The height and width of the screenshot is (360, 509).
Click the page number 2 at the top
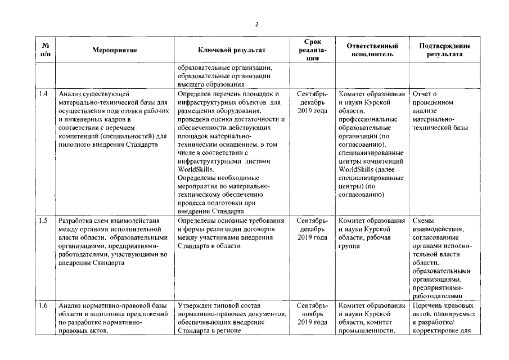pos(256,24)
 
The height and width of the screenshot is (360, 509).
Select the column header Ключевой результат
pos(232,50)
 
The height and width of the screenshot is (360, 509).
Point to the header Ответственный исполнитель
pos(372,50)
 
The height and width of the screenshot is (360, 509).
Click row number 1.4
pos(44,93)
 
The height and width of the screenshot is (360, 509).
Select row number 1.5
pos(44,220)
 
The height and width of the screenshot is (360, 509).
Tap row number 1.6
pos(44,305)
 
